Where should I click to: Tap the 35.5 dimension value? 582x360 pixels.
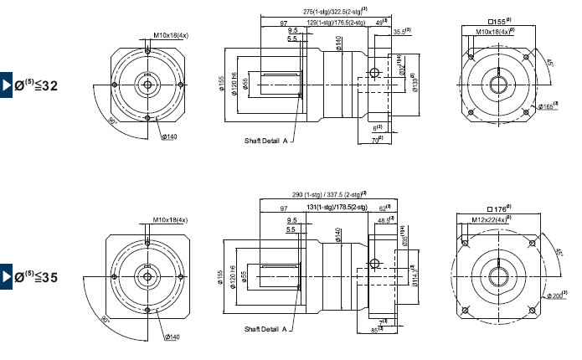pyautogui.click(x=401, y=32)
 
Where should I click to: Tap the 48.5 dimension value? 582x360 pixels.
pyautogui.click(x=384, y=220)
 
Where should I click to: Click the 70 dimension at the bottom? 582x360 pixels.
pyautogui.click(x=376, y=140)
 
